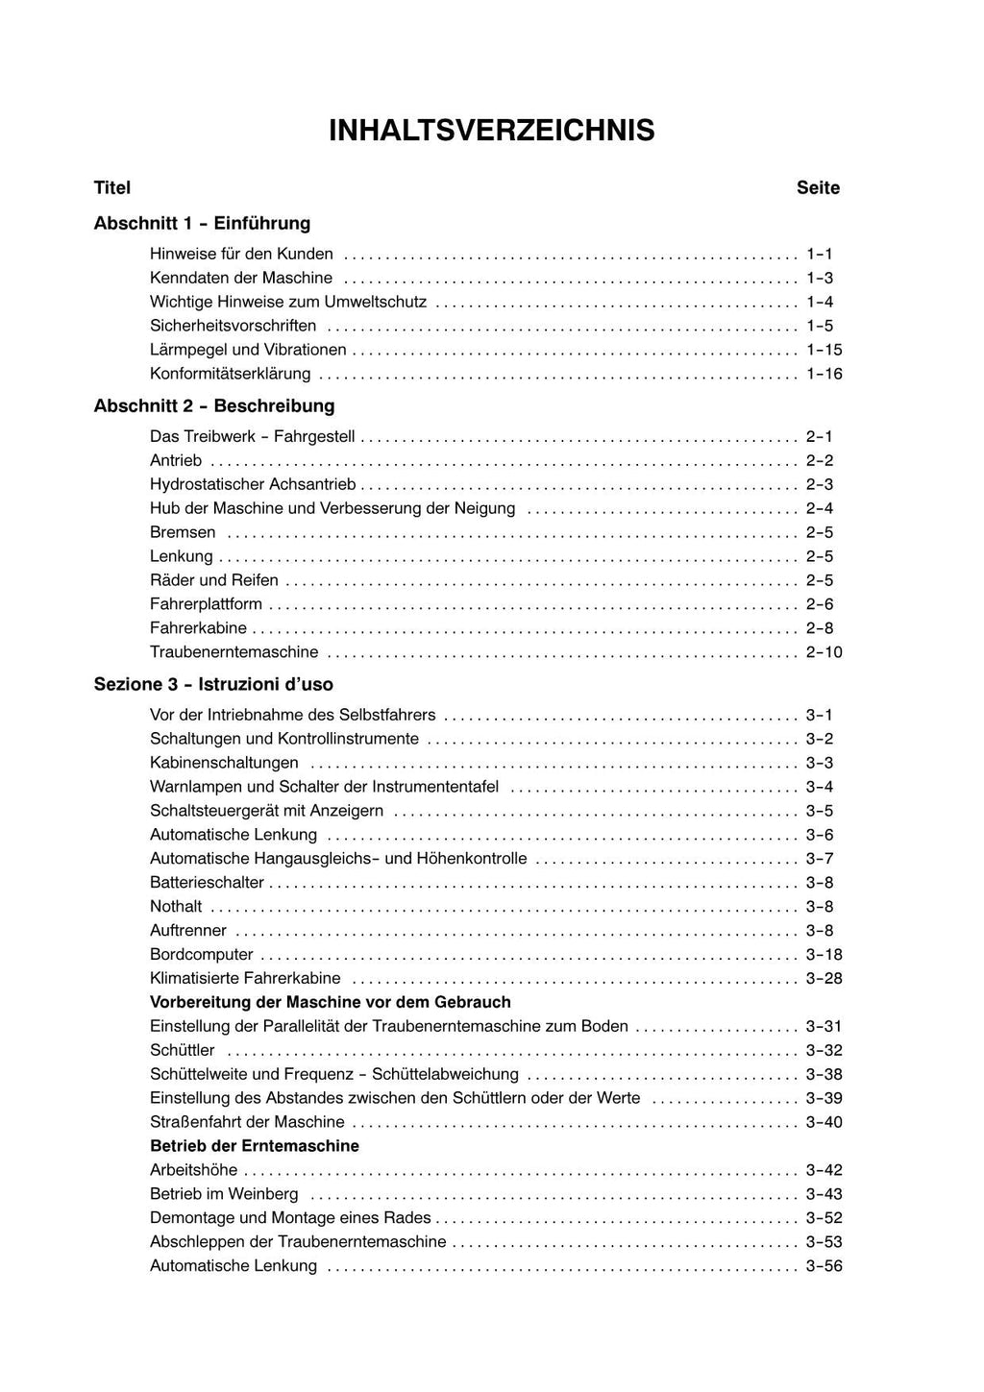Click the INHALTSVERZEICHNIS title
[491, 130]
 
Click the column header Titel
[112, 187]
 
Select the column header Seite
[818, 187]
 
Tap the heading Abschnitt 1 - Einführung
[202, 223]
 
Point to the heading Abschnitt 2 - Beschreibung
[213, 405]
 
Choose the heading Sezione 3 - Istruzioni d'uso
[213, 684]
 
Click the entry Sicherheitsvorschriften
[233, 326]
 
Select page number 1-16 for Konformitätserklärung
[824, 374]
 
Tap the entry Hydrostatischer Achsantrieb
[253, 484]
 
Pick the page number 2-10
[824, 652]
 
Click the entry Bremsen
[183, 532]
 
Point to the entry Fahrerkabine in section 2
[198, 628]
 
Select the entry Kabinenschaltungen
[224, 763]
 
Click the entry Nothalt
[176, 906]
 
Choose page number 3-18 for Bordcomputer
[824, 954]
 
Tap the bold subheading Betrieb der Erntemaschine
[255, 1145]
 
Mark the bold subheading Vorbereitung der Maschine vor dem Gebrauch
[331, 1002]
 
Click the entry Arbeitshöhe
[193, 1170]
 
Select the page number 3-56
[824, 1266]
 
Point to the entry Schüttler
[183, 1050]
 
